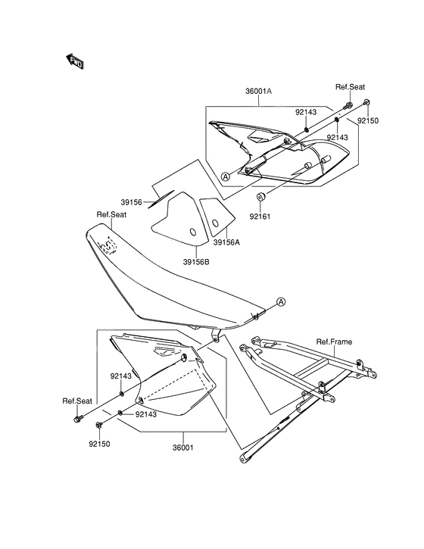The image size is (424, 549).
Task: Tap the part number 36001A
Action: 258,92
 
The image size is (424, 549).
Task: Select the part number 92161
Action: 260,217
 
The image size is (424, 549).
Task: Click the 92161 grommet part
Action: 261,196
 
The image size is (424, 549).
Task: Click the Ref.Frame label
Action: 334,342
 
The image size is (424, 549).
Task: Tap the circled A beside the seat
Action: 281,302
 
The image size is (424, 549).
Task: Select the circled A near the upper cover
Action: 226,176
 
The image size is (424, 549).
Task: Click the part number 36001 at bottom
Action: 182,448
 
